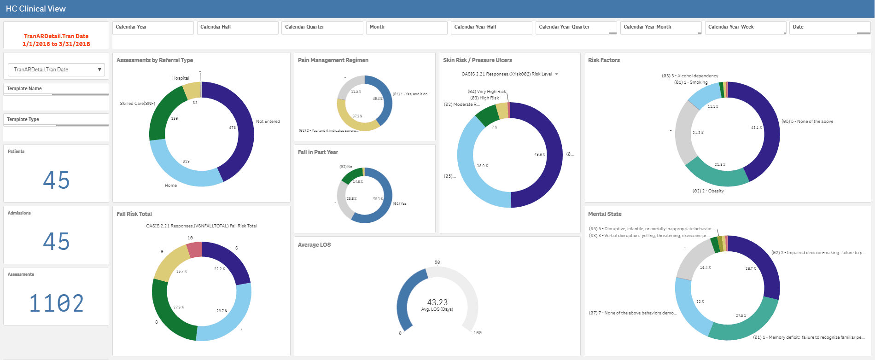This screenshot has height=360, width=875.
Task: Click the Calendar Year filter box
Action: pos(152,27)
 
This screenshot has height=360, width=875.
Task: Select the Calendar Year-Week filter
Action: pos(745,27)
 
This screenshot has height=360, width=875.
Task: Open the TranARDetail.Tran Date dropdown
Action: pos(56,70)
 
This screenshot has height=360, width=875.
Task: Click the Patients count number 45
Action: pos(56,180)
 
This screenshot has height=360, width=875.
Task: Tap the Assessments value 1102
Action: pos(56,303)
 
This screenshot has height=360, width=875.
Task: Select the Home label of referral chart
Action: pos(171,186)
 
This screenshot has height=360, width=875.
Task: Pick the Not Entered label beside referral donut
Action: pos(268,122)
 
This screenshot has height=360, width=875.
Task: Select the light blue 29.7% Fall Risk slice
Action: pos(226,318)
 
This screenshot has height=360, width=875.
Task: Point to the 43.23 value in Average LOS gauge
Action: pos(437,302)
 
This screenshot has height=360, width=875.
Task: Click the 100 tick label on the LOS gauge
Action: pos(477,333)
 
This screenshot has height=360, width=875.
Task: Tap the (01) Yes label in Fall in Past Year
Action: pos(400,203)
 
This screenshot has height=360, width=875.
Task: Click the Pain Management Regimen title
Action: pos(333,60)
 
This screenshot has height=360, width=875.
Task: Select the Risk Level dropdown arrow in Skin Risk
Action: pos(556,74)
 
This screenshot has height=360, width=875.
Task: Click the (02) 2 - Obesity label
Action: pos(708,191)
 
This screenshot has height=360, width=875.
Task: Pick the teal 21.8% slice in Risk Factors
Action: pos(716,175)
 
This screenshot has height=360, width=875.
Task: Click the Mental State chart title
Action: pos(605,214)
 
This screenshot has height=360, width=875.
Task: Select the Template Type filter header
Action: pos(23,119)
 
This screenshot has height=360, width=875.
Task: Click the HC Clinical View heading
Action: pos(36,9)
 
